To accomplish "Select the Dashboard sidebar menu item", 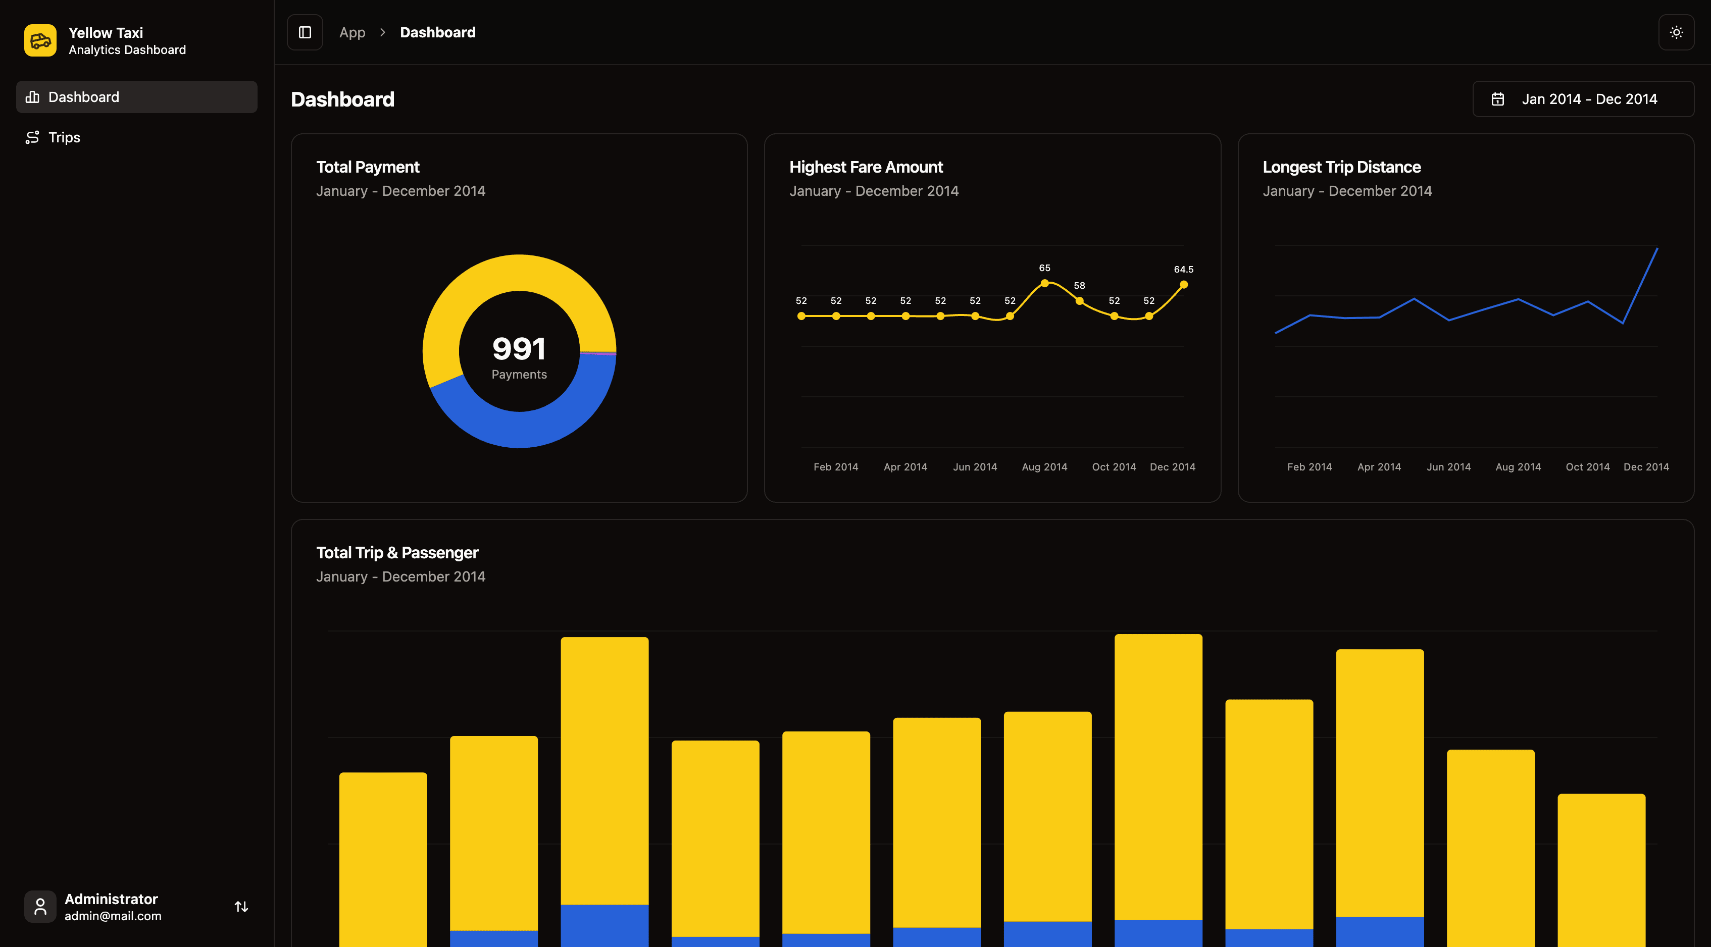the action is tap(136, 97).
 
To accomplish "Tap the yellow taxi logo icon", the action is tap(40, 40).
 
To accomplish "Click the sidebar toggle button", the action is tap(305, 32).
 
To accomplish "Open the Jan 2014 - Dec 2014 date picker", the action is tap(1583, 99).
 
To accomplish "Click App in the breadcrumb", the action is tap(352, 32).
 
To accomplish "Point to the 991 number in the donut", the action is tap(519, 349).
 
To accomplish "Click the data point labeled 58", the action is tap(1079, 301).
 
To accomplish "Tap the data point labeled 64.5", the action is tap(1184, 285).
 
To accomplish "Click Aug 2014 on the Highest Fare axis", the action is tap(1044, 467).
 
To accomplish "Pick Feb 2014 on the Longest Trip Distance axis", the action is tap(1309, 467).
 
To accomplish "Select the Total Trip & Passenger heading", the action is tap(397, 553).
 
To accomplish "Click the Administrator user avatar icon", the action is tap(40, 907).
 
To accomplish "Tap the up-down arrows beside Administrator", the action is tap(241, 907).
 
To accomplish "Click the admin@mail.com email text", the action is tap(113, 916).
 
